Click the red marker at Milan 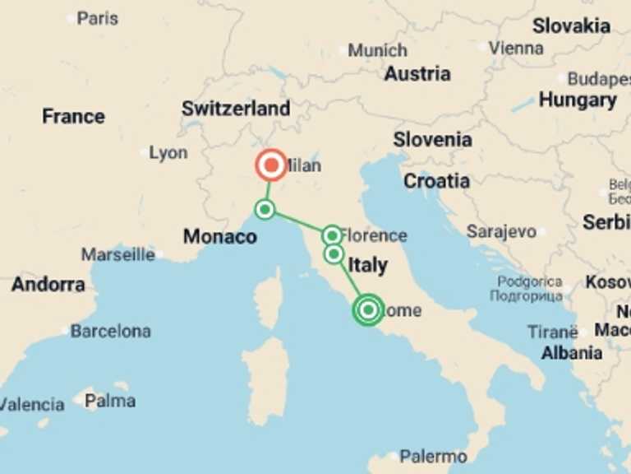point(270,165)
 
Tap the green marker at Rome point(368,309)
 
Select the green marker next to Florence point(332,235)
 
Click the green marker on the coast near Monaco point(265,209)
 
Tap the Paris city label point(97,17)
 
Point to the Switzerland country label point(236,109)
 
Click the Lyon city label point(168,153)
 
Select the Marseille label point(117,255)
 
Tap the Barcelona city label point(110,332)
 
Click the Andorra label point(48,285)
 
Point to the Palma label point(110,402)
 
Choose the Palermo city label point(433,457)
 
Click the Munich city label point(377,50)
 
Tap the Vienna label point(515,48)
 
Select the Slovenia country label point(432,139)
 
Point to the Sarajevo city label point(501,232)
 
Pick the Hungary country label point(578,100)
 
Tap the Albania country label point(572,353)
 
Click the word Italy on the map point(367,265)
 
